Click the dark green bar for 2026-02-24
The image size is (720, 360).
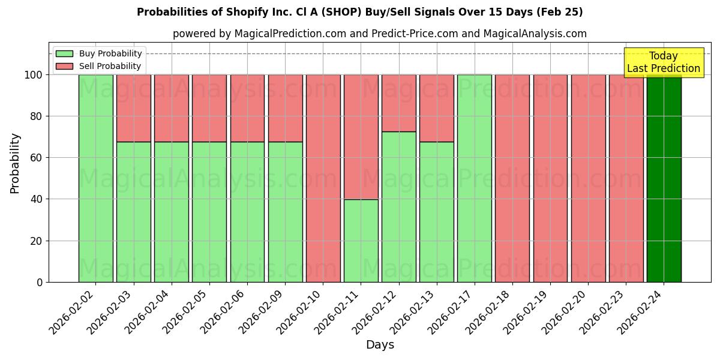click(x=664, y=178)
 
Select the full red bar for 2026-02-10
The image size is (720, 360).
click(x=323, y=178)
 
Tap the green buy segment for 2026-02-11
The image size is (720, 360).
click(x=361, y=241)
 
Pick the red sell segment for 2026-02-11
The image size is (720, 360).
click(x=361, y=137)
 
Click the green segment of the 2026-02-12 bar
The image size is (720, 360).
click(x=398, y=207)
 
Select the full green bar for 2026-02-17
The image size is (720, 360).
click(x=474, y=178)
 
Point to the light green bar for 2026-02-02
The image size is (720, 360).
click(x=95, y=178)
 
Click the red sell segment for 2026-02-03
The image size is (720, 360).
click(x=133, y=108)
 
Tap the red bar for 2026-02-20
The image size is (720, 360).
click(x=588, y=178)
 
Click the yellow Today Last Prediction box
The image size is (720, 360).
click(x=663, y=62)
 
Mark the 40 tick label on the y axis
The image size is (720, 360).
click(x=37, y=199)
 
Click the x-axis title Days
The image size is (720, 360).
click(x=380, y=345)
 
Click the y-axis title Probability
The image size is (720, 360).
click(x=15, y=163)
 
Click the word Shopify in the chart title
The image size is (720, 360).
click(x=245, y=12)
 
